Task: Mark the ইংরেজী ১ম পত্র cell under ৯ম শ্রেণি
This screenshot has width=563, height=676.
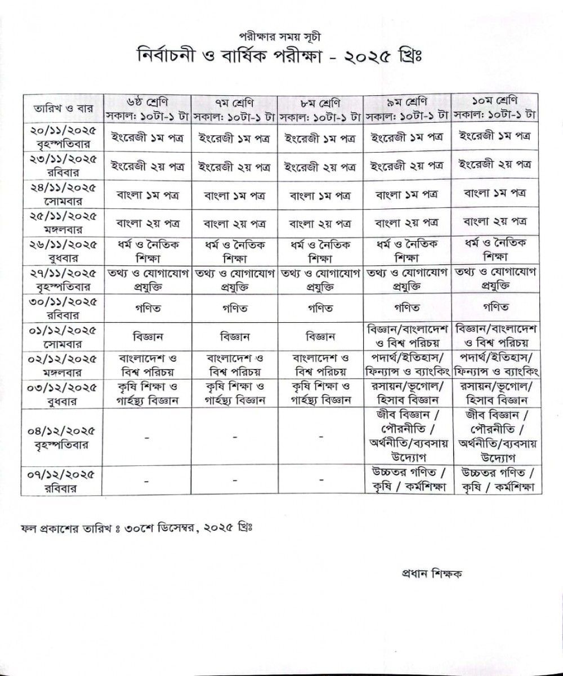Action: [x=406, y=137]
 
